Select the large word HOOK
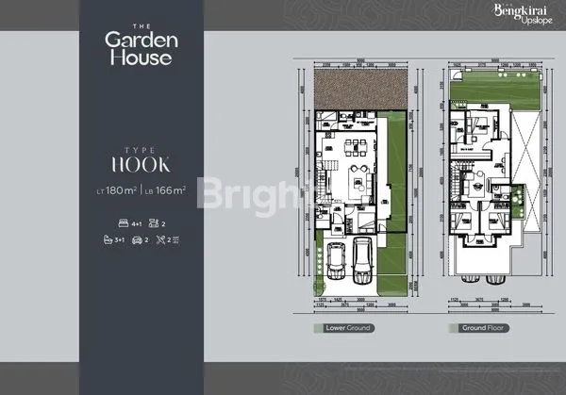tap(139, 164)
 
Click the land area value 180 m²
tap(120, 190)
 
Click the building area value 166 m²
tap(166, 190)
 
